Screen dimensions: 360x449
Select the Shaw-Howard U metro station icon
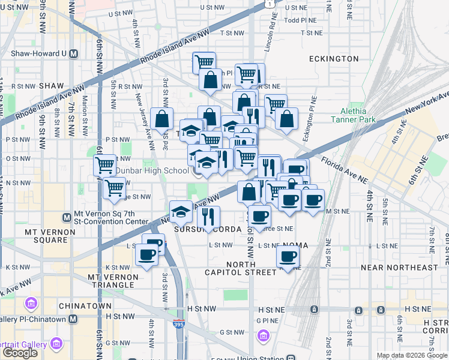pos(74,53)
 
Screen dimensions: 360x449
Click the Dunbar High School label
pos(152,170)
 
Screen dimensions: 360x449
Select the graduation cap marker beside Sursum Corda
pos(181,212)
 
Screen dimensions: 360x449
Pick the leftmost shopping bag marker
pos(162,119)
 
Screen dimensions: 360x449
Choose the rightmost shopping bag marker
pos(287,119)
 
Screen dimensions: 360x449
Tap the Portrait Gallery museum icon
pos(57,344)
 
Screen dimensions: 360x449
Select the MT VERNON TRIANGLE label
pos(113,281)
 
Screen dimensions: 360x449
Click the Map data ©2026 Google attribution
pos(412,355)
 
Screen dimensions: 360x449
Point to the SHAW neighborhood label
pos(51,86)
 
